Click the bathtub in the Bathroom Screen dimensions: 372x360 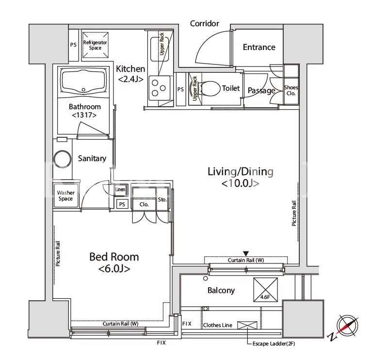(83, 81)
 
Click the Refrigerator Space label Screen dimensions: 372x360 (95, 45)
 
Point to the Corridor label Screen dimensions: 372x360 (204, 23)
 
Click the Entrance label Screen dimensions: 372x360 (259, 47)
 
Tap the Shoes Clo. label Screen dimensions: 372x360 (291, 90)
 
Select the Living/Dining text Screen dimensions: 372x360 (241, 172)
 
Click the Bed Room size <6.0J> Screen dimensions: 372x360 (114, 269)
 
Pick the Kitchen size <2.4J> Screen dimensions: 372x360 (130, 79)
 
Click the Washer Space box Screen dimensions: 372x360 (66, 196)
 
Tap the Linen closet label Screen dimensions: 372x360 (120, 190)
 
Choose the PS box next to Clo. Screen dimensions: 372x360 (122, 204)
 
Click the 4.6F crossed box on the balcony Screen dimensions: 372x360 (265, 290)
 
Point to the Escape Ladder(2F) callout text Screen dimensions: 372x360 (274, 344)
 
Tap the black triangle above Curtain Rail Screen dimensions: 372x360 (246, 253)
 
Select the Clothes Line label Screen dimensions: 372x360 (218, 325)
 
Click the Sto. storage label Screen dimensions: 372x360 (162, 199)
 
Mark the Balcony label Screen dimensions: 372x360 (221, 291)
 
